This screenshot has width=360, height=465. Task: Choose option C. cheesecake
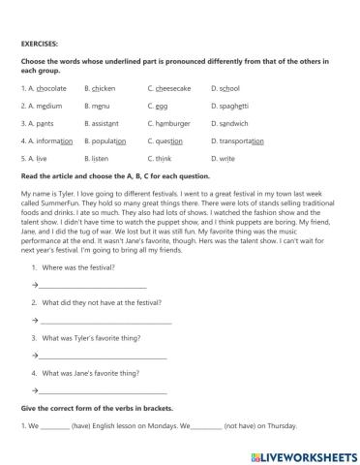[x=169, y=87]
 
